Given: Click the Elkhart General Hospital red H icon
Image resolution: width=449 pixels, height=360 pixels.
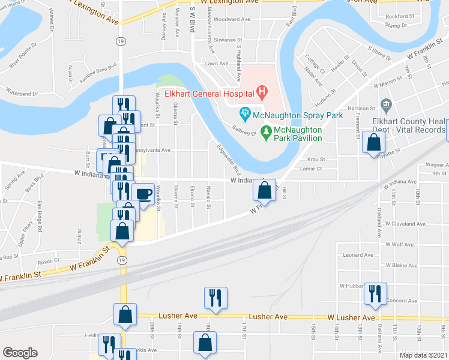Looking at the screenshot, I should coord(261,92).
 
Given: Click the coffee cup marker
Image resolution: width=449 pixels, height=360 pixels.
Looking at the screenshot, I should coord(143,194).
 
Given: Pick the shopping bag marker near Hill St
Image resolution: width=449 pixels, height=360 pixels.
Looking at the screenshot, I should coord(264,190).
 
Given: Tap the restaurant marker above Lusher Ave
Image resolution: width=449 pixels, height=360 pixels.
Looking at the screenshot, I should coord(215,298).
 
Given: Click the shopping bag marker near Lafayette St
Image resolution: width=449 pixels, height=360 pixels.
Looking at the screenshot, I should coord(373,143).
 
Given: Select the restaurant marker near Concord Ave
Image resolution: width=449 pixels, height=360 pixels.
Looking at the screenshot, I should coord(375,293).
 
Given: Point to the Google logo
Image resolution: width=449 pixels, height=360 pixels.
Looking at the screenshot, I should coord(20,353).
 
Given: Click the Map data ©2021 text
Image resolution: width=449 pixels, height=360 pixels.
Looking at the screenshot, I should coord(423,355).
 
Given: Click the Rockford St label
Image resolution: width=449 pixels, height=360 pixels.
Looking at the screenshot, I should coord(400,16).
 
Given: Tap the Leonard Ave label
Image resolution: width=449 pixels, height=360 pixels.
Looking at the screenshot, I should coord(358,254).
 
